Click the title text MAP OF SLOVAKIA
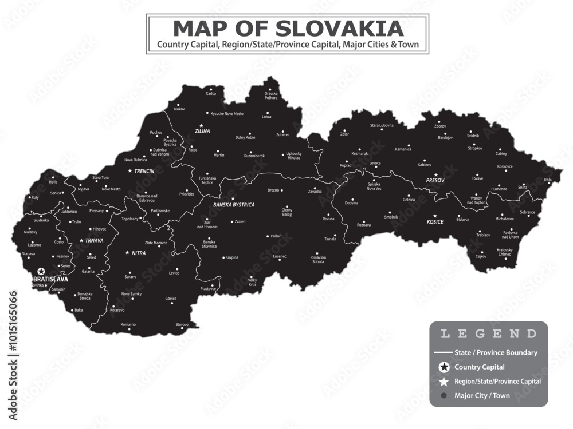pos(288,28)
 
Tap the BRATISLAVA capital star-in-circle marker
pos(41,272)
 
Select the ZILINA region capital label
pos(202,131)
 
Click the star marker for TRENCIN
pos(130,171)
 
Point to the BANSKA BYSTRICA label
pos(234,205)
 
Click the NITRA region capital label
pos(138,253)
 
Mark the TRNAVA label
pos(94,241)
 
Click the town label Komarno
pos(128,325)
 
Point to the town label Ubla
pos(548,180)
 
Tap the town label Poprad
pos(346,165)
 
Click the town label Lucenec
pos(279,257)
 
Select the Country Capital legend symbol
pos(443,367)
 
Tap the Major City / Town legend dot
pos(443,395)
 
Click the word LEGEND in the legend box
pos(488,334)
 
